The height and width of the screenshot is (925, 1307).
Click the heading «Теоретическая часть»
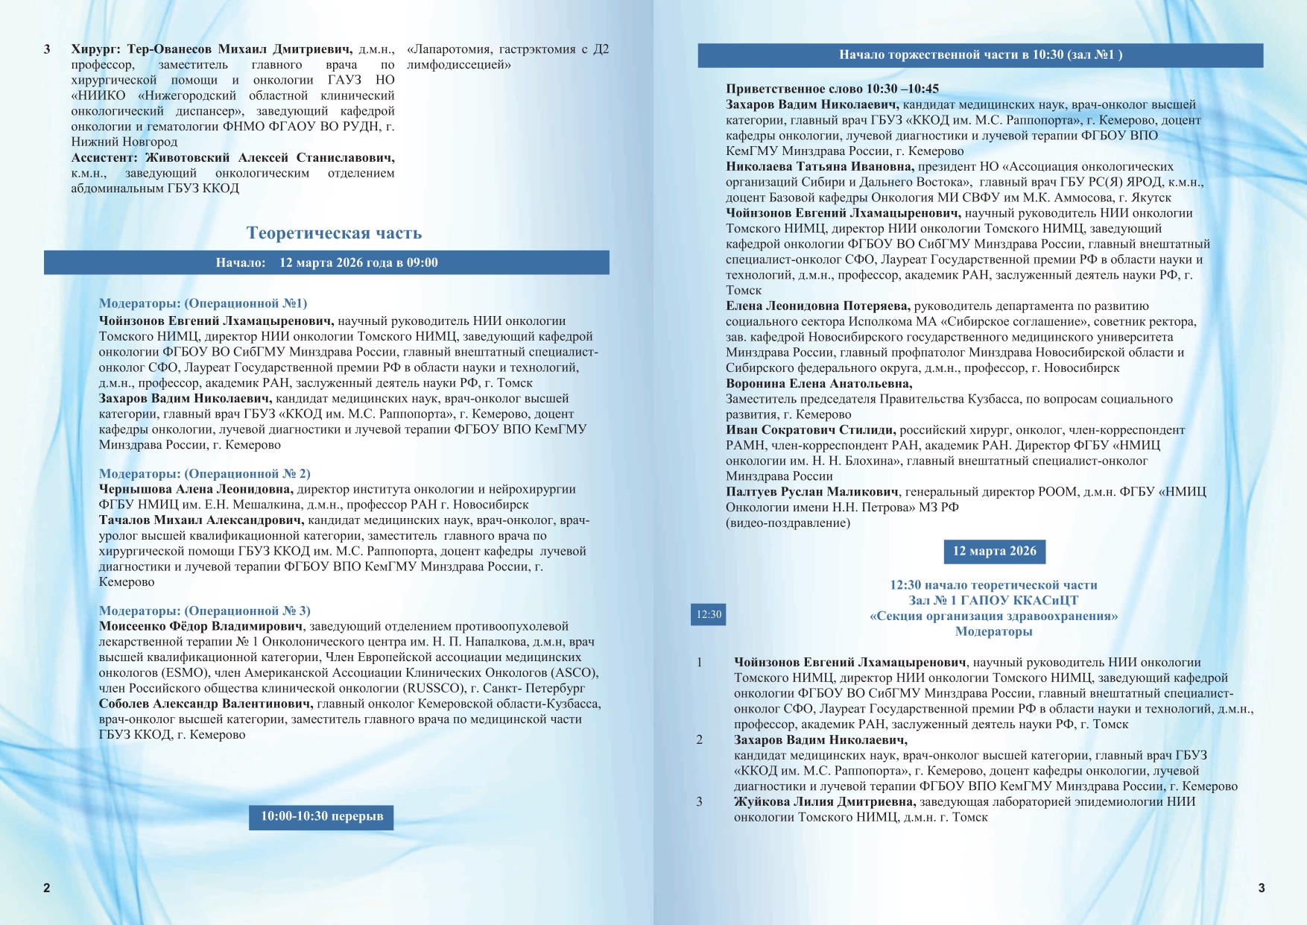[x=334, y=233]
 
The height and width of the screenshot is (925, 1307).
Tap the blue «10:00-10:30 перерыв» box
[x=321, y=816]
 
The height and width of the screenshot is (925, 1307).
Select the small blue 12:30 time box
[x=709, y=615]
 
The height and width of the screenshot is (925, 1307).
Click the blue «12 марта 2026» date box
[x=994, y=552]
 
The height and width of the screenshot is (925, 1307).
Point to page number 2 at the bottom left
[x=47, y=888]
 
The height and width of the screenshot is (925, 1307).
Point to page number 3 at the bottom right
[x=1261, y=888]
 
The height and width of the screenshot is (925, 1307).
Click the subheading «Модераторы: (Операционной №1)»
[x=203, y=303]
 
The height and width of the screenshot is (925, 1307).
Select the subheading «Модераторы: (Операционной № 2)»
[x=204, y=474]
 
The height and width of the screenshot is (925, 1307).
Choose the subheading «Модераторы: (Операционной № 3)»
[x=204, y=611]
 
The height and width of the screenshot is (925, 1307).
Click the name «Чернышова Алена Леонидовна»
[x=196, y=490]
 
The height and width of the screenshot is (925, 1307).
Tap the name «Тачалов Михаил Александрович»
[x=201, y=520]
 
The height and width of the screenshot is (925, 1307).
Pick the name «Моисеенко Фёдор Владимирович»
[x=201, y=627]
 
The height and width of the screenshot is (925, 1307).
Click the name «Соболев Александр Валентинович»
[x=205, y=704]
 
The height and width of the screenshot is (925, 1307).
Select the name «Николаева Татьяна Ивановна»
[x=820, y=167]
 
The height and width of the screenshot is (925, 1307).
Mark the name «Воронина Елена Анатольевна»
[x=819, y=384]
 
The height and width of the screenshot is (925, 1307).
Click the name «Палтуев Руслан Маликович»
[x=813, y=492]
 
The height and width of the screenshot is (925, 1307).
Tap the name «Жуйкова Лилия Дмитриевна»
[x=824, y=802]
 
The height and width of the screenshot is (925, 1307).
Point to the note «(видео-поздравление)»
[x=788, y=523]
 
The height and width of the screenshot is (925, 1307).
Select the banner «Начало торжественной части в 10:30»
[x=980, y=55]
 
